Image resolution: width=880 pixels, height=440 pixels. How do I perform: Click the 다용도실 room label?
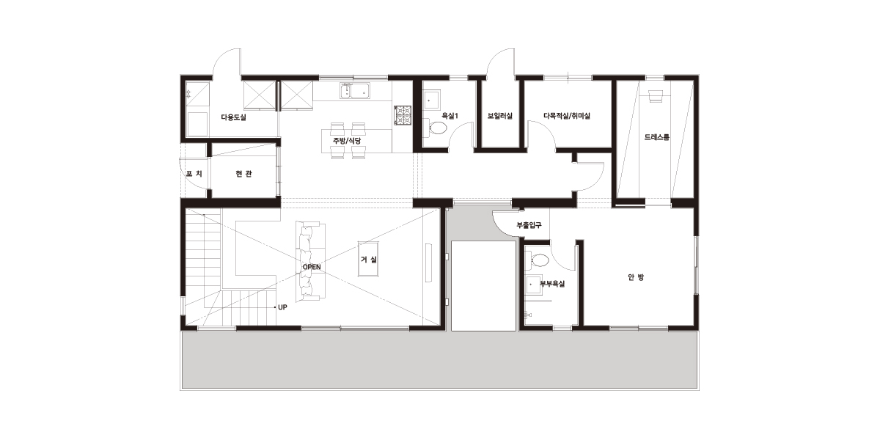tap(233, 117)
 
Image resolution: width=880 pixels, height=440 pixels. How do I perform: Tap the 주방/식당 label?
tap(347, 141)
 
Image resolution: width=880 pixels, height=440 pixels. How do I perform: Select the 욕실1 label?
tap(450, 116)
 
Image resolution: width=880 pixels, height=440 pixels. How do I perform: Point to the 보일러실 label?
tap(499, 116)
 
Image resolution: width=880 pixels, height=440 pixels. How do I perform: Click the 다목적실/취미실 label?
tap(567, 116)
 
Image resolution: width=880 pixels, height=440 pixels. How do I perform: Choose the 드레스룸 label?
tap(657, 137)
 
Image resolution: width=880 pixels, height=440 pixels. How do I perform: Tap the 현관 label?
tap(244, 174)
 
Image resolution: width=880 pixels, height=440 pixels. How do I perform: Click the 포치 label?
tap(194, 173)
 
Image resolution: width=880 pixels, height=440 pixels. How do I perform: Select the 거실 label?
tap(368, 260)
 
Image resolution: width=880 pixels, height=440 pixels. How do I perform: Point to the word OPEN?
tap(312, 267)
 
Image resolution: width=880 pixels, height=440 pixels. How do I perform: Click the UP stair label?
tap(282, 307)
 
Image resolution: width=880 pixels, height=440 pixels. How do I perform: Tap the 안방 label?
tap(636, 277)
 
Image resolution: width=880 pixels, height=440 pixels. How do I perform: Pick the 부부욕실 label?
tap(552, 284)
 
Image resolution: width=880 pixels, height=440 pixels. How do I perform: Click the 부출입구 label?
tap(529, 225)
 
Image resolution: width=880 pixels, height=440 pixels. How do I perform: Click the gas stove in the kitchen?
tap(403, 116)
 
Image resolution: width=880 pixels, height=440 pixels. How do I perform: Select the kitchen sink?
tap(355, 91)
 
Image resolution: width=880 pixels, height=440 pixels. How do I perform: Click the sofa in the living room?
tap(310, 262)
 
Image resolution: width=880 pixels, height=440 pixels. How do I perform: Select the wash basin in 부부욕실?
tap(534, 285)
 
